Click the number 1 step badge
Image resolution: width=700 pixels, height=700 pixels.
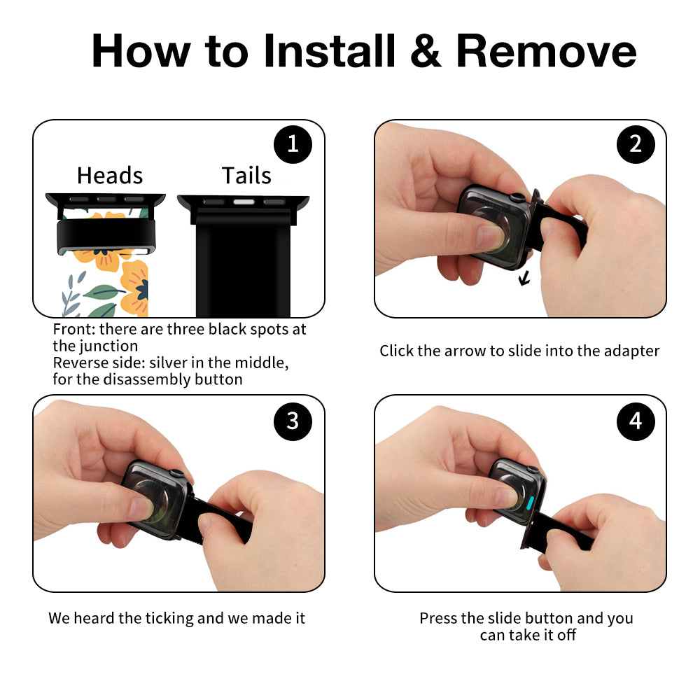point(293,144)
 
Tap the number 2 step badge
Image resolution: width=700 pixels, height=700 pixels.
point(636,144)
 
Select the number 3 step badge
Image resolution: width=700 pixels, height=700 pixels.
point(293,421)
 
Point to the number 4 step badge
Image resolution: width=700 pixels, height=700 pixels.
point(636,421)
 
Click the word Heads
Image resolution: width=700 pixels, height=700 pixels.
point(110,175)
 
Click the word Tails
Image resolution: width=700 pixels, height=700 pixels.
point(246,175)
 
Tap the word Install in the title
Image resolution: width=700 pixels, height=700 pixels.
point(330,51)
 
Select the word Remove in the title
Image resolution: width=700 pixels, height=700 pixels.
point(546,51)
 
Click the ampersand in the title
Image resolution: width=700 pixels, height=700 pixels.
point(426,51)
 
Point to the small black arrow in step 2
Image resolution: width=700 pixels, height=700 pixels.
point(524,279)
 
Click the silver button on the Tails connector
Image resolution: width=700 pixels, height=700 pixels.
point(244,202)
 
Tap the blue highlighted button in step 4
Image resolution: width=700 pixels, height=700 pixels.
point(531,503)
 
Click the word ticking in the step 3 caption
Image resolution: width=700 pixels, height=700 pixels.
point(171,618)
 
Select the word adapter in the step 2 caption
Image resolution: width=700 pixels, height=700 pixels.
point(631,351)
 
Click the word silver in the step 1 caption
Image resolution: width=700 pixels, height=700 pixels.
point(167,363)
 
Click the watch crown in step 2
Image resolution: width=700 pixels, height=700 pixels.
point(518,197)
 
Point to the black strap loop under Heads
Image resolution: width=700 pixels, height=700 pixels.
point(106,236)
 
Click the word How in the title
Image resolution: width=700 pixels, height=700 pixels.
point(141,51)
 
